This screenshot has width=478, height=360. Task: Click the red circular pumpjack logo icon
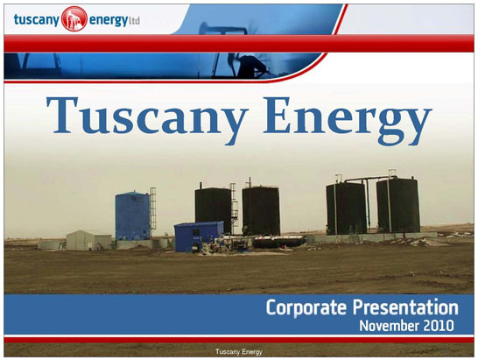[74, 18]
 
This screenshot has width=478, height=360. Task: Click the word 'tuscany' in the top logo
[36, 20]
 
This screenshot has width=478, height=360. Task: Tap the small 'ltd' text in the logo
[135, 21]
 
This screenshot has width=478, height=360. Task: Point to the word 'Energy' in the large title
[348, 120]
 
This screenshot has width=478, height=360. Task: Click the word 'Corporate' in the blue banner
[306, 307]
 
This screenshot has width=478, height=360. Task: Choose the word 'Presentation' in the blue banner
[405, 307]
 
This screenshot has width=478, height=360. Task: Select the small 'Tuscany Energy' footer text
[239, 352]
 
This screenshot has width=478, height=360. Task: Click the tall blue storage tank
[132, 215]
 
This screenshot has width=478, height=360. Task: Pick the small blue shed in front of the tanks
[199, 236]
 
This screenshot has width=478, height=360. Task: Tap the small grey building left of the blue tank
[88, 240]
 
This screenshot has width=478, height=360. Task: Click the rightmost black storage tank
[398, 206]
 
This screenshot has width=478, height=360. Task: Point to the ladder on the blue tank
[152, 211]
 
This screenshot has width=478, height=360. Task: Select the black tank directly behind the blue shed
[214, 206]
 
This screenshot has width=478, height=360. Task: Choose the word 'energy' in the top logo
[109, 21]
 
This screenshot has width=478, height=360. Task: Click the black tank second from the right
[347, 208]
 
